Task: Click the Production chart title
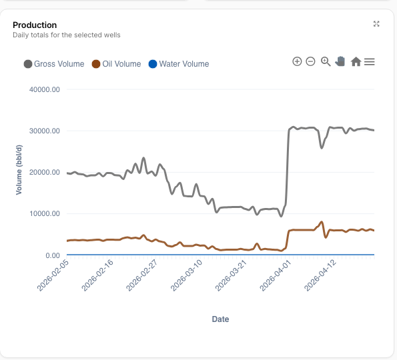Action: tap(35, 25)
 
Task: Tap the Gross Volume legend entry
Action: tap(54, 64)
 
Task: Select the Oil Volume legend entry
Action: tap(117, 64)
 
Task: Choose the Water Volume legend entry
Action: tap(179, 64)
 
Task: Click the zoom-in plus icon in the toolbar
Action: tap(297, 61)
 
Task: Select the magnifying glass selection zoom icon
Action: tap(326, 61)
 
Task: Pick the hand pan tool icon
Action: tap(340, 61)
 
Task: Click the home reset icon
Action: tap(356, 61)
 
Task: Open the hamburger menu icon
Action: tap(370, 62)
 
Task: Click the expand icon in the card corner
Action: tap(376, 24)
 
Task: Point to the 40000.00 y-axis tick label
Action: tap(45, 89)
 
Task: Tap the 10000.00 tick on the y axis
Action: tap(45, 213)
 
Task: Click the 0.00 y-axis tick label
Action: tap(53, 255)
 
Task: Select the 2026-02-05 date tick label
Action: tap(53, 275)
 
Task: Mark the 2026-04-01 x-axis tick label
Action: tap(276, 275)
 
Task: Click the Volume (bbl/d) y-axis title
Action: tap(19, 170)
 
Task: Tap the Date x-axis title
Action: tap(221, 319)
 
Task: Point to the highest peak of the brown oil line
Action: tap(322, 222)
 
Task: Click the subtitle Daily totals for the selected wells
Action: tap(67, 35)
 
